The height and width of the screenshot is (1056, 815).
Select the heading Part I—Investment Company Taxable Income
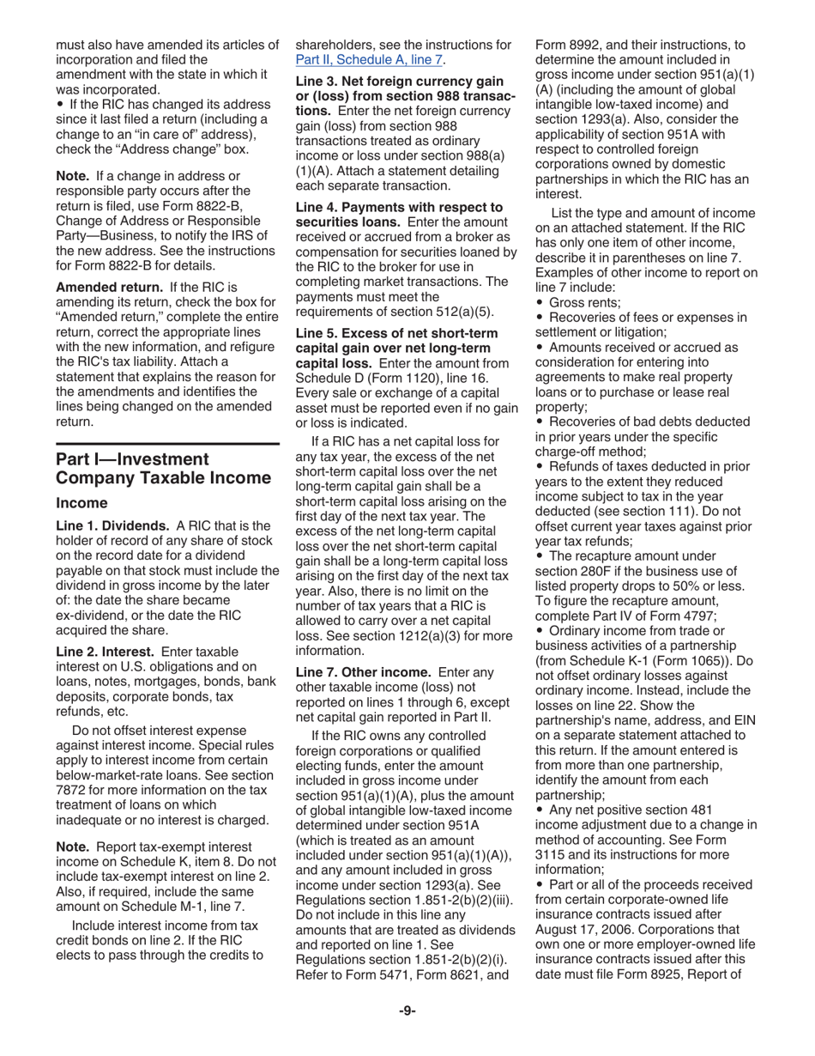coord(163,469)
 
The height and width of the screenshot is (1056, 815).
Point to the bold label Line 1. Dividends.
coord(112,525)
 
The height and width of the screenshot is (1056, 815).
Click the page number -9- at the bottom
coord(407,1010)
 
